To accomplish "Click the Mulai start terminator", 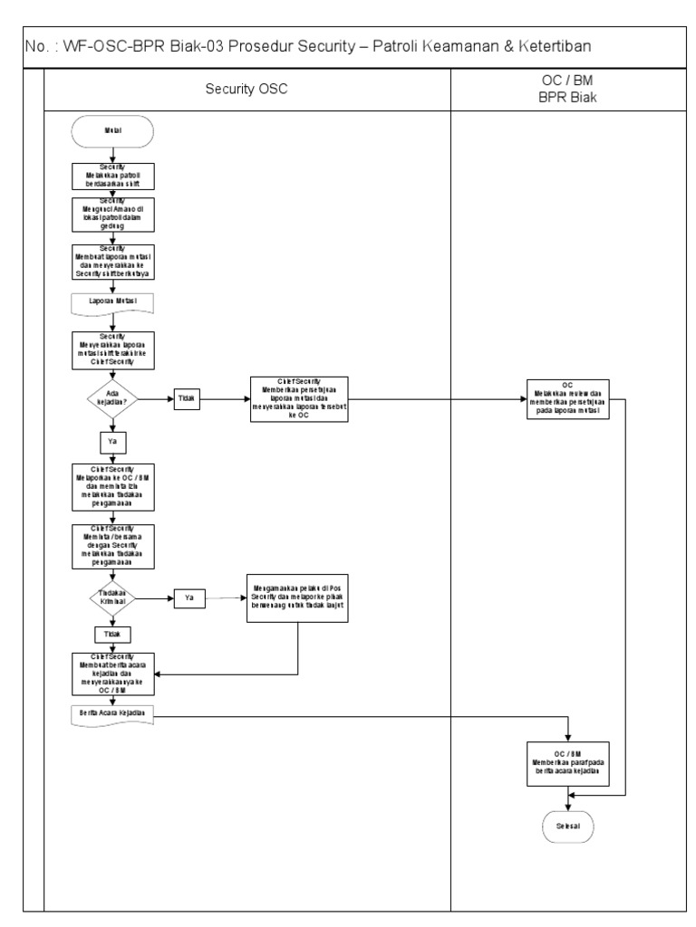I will click(112, 130).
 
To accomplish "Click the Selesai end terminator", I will click(567, 826).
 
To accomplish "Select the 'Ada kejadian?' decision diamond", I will click(111, 397).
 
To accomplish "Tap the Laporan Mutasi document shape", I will click(112, 300).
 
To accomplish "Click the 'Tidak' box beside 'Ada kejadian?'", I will click(188, 397).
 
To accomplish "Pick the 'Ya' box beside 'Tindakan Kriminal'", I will click(188, 598).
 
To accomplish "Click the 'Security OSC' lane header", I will click(247, 91).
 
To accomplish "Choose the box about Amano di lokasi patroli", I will click(112, 215).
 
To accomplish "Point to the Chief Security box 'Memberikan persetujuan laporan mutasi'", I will click(299, 398).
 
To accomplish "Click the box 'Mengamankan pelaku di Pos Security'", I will click(299, 599).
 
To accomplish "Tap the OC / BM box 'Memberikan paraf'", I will click(567, 762).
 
